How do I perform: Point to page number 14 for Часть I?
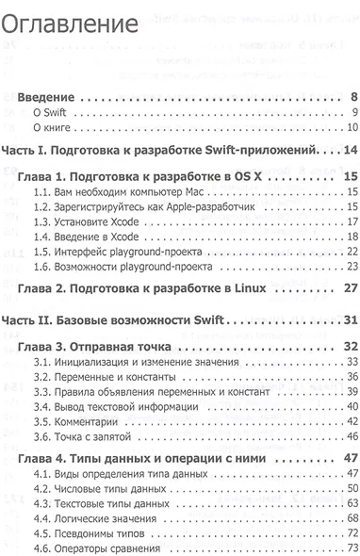point(348,150)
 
